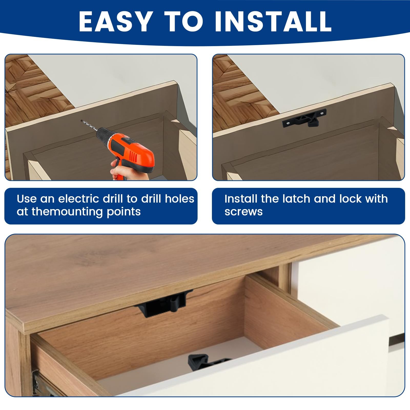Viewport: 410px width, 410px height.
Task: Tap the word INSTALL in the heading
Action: pyautogui.click(x=273, y=21)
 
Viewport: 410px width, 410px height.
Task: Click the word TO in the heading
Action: pyautogui.click(x=183, y=21)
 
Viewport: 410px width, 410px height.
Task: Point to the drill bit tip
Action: pyautogui.click(x=81, y=120)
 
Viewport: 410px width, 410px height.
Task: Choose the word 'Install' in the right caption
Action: pyautogui.click(x=241, y=199)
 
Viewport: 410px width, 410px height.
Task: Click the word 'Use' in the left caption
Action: pyautogui.click(x=27, y=199)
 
